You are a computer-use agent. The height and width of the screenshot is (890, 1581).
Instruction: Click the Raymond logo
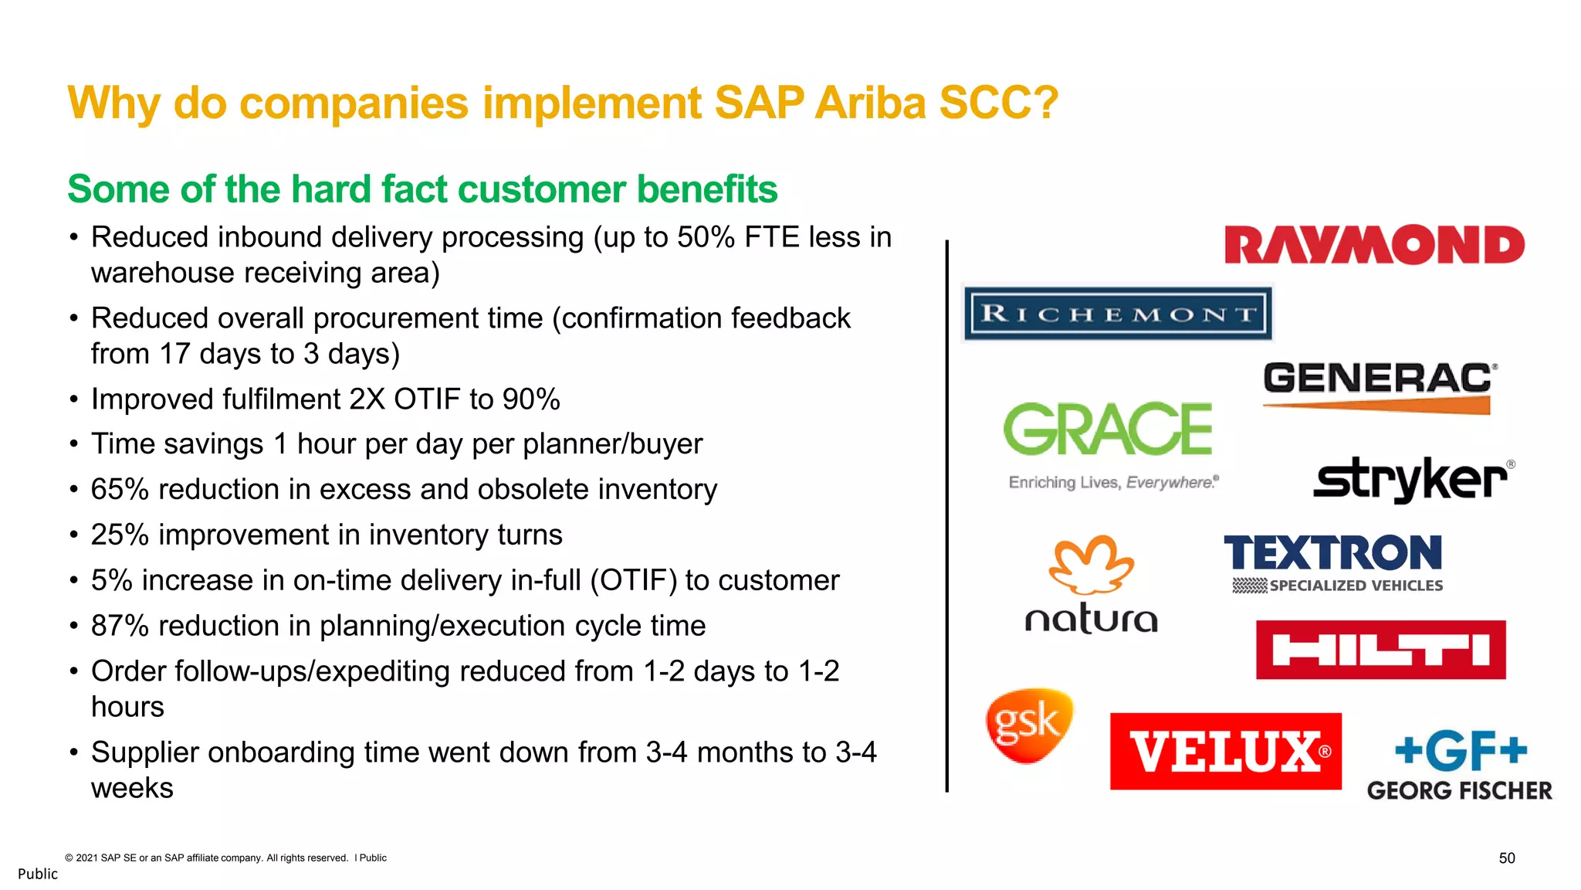(1374, 246)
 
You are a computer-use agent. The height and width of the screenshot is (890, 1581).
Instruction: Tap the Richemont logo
(1117, 314)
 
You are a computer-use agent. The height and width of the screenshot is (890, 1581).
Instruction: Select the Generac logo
(1378, 386)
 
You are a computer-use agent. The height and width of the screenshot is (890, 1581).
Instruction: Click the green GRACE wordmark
(1108, 429)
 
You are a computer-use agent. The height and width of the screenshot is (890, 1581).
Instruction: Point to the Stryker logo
(1411, 479)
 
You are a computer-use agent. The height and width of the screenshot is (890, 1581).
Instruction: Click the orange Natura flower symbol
(1091, 562)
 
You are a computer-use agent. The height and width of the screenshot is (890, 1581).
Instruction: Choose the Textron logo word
(1332, 553)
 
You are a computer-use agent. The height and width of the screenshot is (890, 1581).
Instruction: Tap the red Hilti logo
(1380, 650)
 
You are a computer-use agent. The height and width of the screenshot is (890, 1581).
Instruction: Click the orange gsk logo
(1029, 725)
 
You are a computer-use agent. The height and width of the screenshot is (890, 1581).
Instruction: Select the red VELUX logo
(1225, 751)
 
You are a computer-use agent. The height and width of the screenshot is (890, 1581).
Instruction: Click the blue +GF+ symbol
(1461, 751)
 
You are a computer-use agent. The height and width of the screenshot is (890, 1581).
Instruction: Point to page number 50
(1506, 858)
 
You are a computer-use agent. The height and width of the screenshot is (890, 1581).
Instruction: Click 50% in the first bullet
(706, 237)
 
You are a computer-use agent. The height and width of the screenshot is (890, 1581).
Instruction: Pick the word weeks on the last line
(132, 788)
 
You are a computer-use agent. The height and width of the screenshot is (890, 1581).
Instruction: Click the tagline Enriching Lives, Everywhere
(1113, 483)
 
